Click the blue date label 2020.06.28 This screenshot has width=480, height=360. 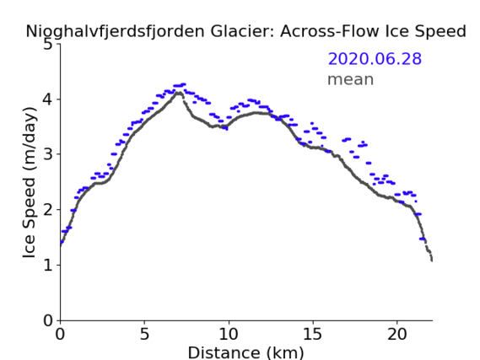(375, 59)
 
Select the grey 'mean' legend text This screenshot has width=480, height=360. (351, 79)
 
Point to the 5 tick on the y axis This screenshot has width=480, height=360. (48, 45)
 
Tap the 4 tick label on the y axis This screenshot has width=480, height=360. (48, 99)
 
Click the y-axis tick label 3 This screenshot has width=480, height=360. (48, 154)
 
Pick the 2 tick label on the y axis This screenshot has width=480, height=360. (48, 210)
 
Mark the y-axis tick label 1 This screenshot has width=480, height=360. (48, 266)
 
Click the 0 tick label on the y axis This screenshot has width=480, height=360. (48, 320)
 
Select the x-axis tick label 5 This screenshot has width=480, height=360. (144, 334)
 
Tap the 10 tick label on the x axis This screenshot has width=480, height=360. (229, 334)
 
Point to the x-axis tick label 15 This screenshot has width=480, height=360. (313, 334)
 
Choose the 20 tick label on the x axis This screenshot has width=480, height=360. (397, 334)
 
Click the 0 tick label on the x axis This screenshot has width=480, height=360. (60, 334)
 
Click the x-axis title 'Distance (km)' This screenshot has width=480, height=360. (245, 352)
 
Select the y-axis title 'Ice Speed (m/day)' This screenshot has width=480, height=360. (30, 182)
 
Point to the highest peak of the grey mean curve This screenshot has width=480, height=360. (179, 93)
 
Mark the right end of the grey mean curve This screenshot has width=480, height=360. (432, 260)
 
